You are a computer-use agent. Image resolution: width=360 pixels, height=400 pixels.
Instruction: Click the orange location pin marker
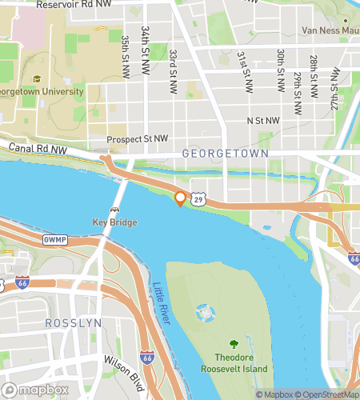[x=181, y=198]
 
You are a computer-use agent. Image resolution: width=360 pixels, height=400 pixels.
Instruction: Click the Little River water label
[x=162, y=305]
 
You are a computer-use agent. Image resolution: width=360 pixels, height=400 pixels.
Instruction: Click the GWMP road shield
[x=54, y=238]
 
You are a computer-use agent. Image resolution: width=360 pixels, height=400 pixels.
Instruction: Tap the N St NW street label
[x=263, y=121]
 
